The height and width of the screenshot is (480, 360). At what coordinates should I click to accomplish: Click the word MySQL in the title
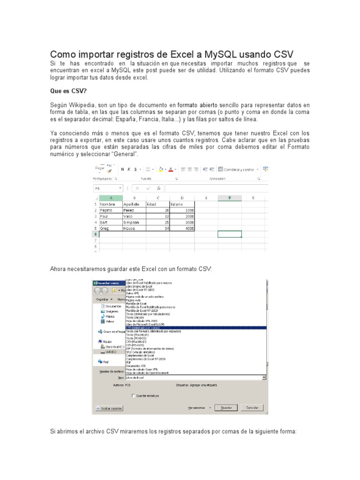tap(221, 53)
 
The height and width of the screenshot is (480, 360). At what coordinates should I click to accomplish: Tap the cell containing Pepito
tap(110, 210)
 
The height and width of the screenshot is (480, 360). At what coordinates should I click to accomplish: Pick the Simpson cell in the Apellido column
tap(134, 222)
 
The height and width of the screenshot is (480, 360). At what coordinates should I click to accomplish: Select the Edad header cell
tap(157, 204)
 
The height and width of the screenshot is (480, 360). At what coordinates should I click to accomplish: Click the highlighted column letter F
tap(230, 198)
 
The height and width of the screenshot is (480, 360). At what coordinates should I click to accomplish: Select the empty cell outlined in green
tap(230, 234)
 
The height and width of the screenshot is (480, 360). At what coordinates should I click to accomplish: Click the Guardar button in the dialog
tap(226, 407)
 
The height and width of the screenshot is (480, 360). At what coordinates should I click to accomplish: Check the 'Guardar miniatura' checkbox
tap(134, 396)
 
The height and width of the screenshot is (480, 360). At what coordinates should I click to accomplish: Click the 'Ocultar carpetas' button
tap(109, 408)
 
